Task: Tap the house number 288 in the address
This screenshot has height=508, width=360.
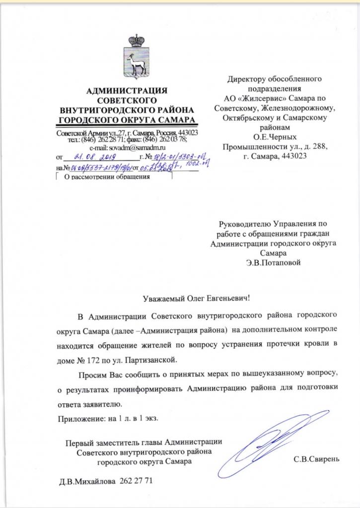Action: [x=318, y=146]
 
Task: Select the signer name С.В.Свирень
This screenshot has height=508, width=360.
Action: [x=316, y=459]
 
